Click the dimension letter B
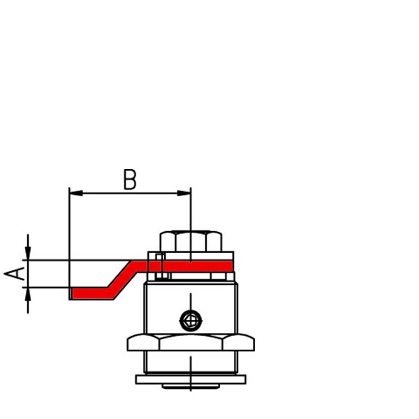(x=130, y=179)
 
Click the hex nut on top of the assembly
(x=191, y=242)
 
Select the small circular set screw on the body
(x=190, y=321)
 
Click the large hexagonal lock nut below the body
(x=191, y=342)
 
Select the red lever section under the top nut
(x=191, y=266)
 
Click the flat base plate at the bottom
(x=191, y=379)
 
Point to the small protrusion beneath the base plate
(x=191, y=385)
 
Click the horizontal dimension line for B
(x=130, y=193)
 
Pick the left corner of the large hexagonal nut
(x=128, y=343)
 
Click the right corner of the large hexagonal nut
(x=253, y=343)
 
